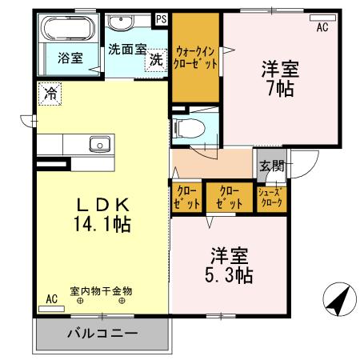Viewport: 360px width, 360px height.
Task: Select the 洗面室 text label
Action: (126, 48)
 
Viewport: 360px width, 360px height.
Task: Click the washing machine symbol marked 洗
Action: (156, 60)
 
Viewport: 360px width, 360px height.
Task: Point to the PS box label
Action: (162, 18)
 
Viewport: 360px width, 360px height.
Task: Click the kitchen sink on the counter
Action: (101, 145)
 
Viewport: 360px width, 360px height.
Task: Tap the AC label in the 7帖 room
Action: (322, 27)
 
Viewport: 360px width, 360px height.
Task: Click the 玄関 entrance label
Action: (272, 166)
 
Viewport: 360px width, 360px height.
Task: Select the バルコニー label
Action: (102, 332)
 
